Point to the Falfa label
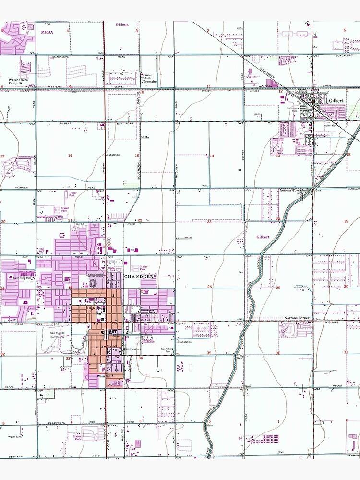145,137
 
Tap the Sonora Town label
290,190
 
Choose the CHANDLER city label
139,277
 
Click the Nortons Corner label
294,319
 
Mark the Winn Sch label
104,376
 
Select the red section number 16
70,156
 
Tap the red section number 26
209,287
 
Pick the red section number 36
278,353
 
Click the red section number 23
209,221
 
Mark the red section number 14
211,156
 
